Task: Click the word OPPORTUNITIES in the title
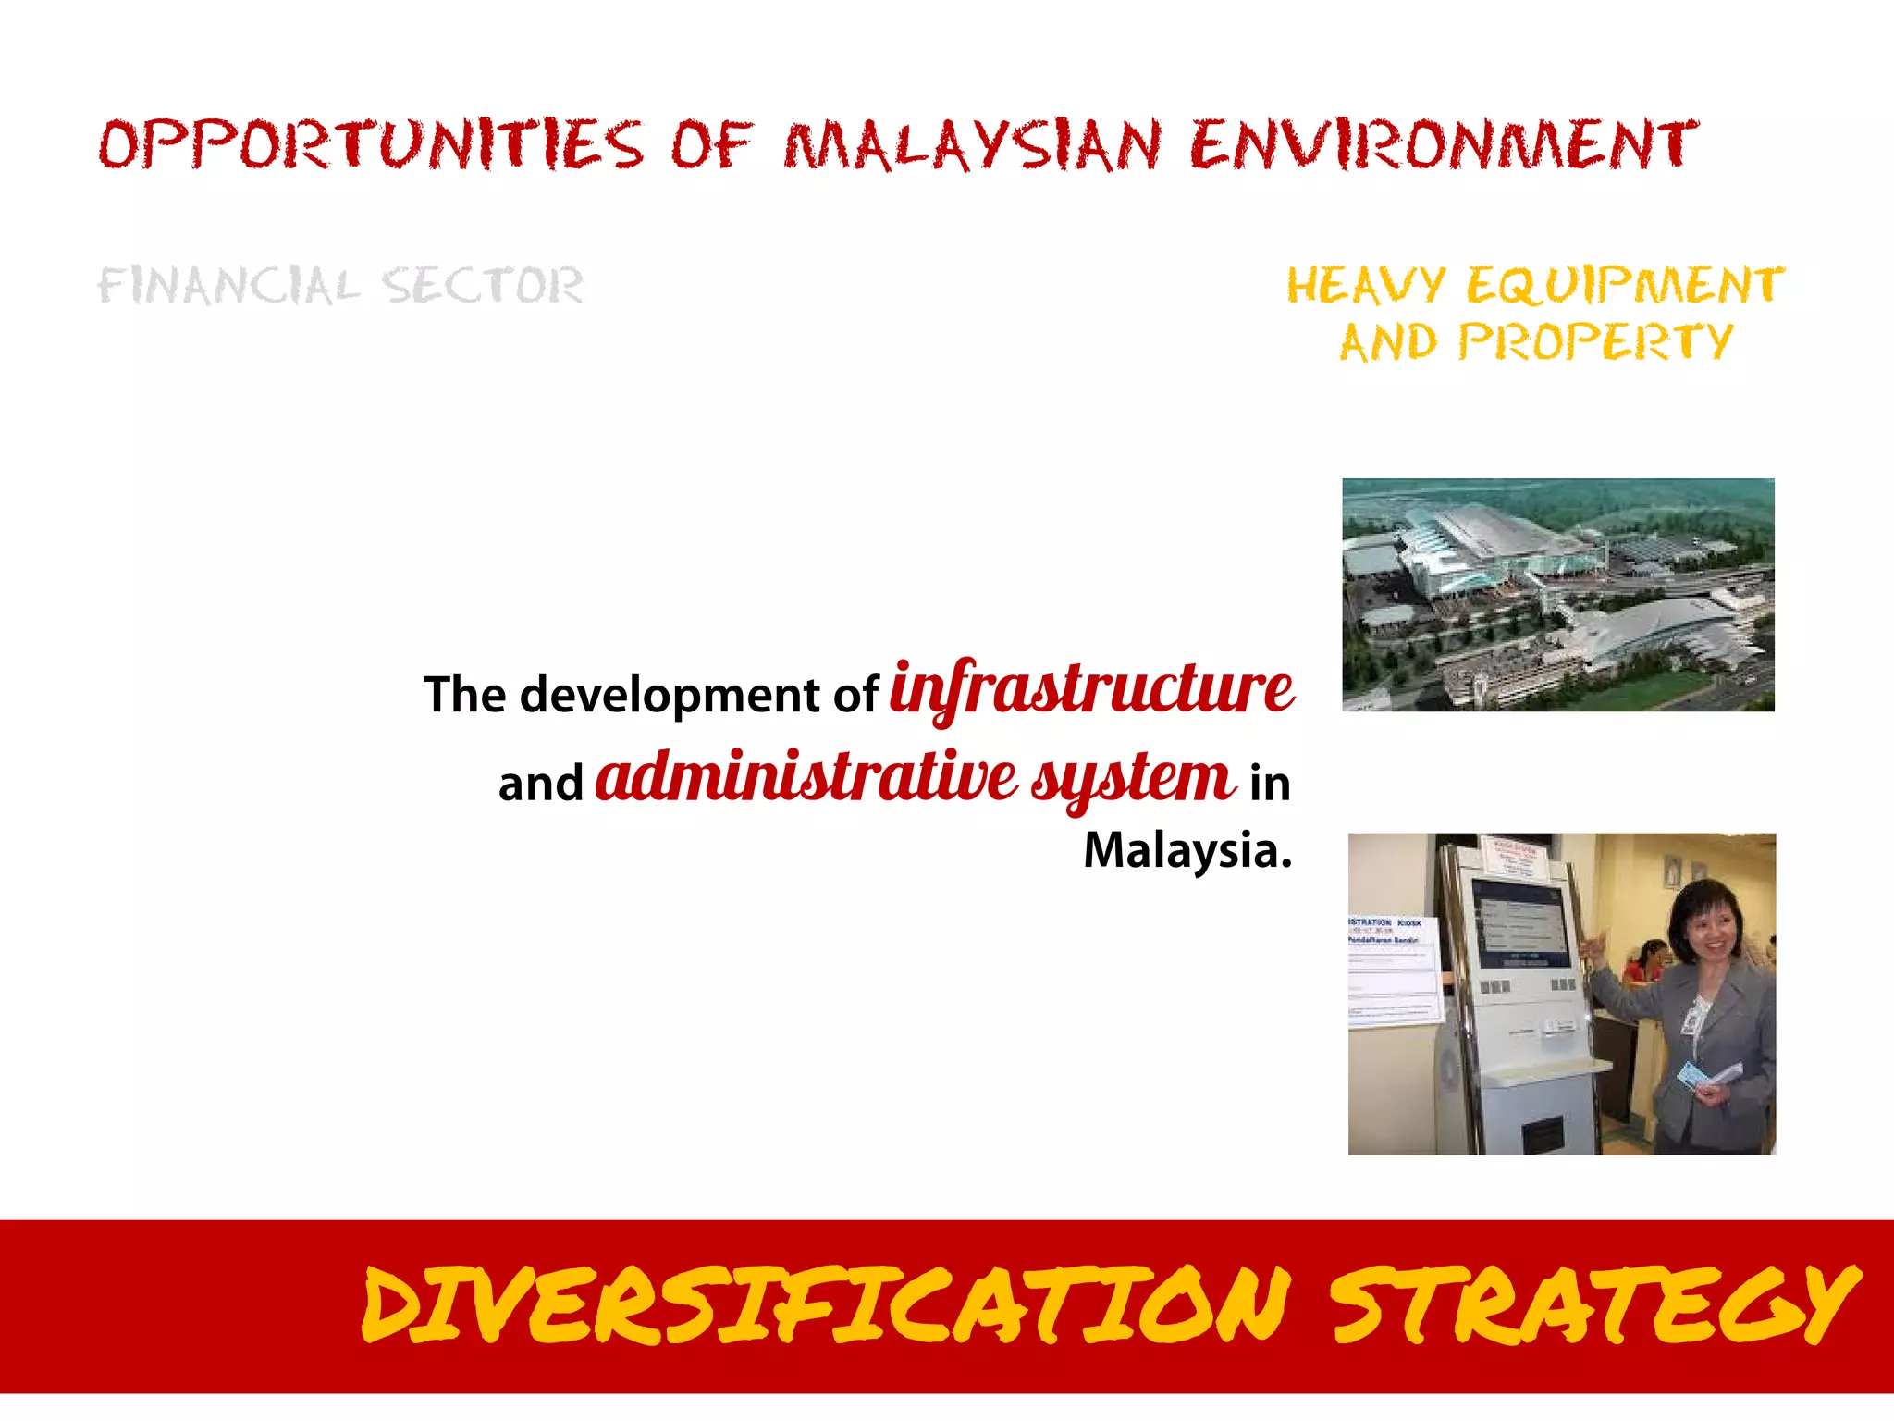[370, 145]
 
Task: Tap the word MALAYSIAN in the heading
[971, 145]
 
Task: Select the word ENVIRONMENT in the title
[1443, 145]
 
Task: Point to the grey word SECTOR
[483, 285]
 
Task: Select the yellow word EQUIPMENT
[1625, 285]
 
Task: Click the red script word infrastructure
[1091, 690]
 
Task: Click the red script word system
[1133, 779]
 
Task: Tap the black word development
[670, 695]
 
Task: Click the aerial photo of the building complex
[1557, 594]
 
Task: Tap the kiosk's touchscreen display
[1521, 925]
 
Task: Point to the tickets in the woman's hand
[1706, 1076]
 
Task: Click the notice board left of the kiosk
[1392, 971]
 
